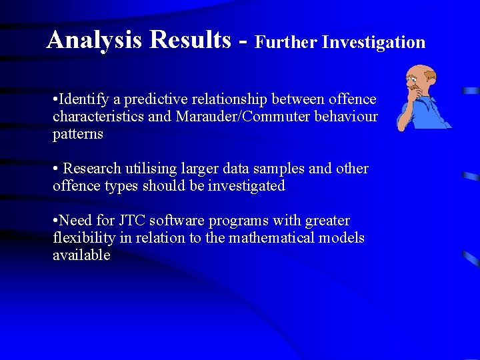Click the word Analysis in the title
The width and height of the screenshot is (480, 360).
(x=93, y=41)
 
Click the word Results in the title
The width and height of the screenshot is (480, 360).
(x=191, y=41)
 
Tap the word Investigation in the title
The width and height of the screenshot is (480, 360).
(x=373, y=43)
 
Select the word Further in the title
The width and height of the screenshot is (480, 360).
(x=287, y=43)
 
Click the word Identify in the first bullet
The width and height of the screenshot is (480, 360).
(x=84, y=100)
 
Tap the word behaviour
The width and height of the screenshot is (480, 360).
(x=348, y=117)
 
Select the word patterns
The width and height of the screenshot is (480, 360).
(x=78, y=134)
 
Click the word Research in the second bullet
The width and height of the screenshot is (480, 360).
(x=92, y=169)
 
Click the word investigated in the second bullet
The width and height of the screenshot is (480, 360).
(x=247, y=186)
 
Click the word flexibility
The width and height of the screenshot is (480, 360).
(x=83, y=238)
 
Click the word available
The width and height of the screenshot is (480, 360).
(x=81, y=255)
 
